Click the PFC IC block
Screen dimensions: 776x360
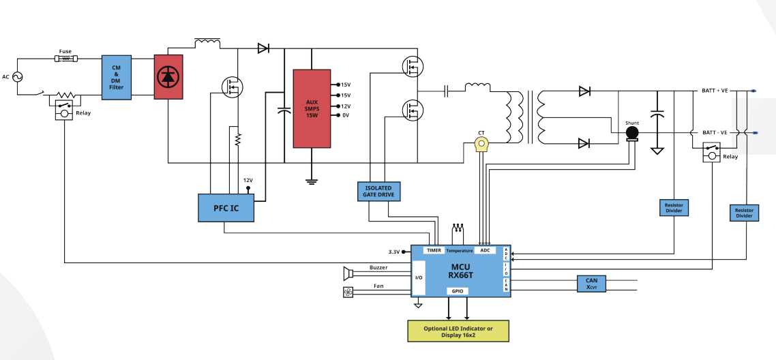point(226,208)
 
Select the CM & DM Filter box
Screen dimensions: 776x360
point(117,78)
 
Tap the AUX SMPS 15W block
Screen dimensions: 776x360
point(312,108)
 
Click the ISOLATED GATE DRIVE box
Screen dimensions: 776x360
point(378,192)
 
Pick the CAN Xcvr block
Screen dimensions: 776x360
point(591,284)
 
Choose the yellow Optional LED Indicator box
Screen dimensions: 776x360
point(458,331)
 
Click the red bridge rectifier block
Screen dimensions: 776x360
point(168,76)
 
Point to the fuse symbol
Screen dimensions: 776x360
point(65,59)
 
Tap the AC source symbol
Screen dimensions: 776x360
point(17,76)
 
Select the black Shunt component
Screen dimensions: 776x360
point(632,133)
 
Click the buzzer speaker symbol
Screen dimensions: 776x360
point(348,273)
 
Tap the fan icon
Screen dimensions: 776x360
point(348,292)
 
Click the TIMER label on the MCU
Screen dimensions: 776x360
point(434,250)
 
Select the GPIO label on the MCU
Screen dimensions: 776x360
point(458,291)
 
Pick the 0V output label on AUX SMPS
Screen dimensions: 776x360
point(346,116)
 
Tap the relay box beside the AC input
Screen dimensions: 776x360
point(63,109)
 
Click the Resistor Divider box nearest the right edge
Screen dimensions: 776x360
point(744,213)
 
